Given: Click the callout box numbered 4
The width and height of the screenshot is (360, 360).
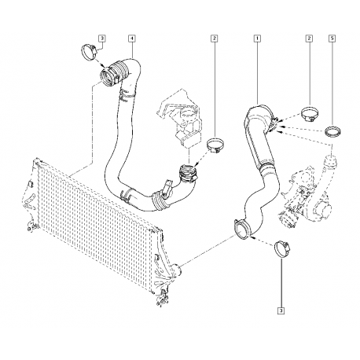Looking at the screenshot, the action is pos(132,39).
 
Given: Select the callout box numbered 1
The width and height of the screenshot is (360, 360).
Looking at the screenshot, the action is pos(257,39).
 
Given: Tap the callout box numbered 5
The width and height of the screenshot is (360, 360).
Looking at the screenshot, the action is pos(332,39).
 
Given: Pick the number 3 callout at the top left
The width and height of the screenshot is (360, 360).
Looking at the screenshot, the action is pos(102,39).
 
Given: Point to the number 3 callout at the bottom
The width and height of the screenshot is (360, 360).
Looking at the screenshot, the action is pos(281,310).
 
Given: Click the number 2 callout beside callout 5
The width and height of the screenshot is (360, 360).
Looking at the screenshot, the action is pos(310,39).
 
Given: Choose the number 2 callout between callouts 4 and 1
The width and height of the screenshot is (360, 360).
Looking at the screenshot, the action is pos(215,39).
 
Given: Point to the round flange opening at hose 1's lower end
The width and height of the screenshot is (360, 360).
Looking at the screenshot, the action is pos(241,230).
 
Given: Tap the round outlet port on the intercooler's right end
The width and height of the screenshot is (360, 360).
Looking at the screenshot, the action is pos(178,270).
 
